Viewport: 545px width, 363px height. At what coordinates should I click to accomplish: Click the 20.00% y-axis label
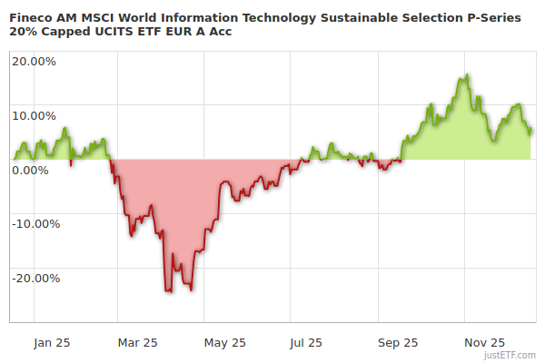tap(35, 62)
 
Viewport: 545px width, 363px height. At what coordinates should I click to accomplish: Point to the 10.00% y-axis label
tap(35, 115)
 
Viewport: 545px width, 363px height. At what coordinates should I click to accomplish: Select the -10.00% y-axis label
tap(35, 223)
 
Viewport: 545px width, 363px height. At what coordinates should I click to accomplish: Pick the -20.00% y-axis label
tap(35, 278)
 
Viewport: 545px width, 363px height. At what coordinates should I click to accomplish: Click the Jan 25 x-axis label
tap(52, 343)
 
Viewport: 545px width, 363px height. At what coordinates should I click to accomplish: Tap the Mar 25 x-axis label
tap(138, 343)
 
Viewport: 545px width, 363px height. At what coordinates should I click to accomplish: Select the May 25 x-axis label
tap(225, 343)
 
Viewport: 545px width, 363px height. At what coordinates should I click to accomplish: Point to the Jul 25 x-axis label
tap(306, 343)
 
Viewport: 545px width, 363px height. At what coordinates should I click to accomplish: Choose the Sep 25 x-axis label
tap(398, 343)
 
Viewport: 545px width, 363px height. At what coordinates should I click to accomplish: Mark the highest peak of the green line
tap(466, 75)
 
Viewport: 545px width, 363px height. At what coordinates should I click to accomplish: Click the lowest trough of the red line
tap(169, 291)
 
